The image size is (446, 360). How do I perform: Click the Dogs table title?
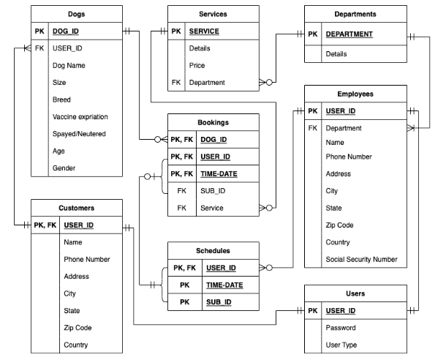pyautogui.click(x=76, y=14)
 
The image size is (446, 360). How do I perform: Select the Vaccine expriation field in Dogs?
pyautogui.click(x=80, y=117)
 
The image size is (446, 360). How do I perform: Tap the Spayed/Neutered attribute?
pyautogui.click(x=79, y=134)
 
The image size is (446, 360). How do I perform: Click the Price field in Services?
pyautogui.click(x=197, y=65)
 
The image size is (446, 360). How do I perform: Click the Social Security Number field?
pyautogui.click(x=361, y=260)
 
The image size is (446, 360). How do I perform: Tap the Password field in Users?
pyautogui.click(x=341, y=328)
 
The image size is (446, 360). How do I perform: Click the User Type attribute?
pyautogui.click(x=342, y=345)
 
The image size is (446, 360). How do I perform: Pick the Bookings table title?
pyautogui.click(x=213, y=121)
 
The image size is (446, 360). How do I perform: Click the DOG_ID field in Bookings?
pyautogui.click(x=213, y=139)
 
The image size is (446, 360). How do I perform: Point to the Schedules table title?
pyautogui.click(x=213, y=250)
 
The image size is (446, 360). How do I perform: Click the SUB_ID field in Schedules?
pyautogui.click(x=219, y=302)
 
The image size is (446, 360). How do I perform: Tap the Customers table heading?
pyautogui.click(x=76, y=208)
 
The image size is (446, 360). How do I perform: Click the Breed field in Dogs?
pyautogui.click(x=61, y=100)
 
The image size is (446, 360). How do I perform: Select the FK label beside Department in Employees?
pyautogui.click(x=313, y=128)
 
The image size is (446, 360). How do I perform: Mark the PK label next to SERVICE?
pyautogui.click(x=175, y=32)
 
